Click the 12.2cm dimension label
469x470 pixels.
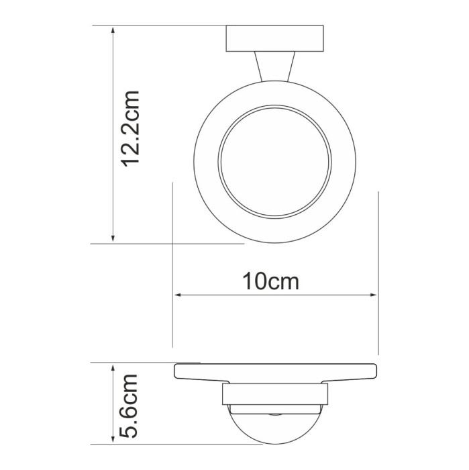click(129, 128)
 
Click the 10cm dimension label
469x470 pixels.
click(270, 280)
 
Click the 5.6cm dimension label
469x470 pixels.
click(129, 406)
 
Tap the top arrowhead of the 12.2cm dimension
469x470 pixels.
click(113, 31)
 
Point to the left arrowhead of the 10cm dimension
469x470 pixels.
click(178, 295)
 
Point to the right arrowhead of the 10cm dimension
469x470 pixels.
click(373, 295)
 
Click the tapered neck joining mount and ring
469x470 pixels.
click(274, 68)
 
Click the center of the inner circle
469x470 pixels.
click(274, 161)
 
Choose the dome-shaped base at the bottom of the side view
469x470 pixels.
click(274, 427)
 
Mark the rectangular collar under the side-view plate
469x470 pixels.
click(274, 395)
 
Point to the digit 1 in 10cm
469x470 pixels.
click(248, 280)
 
